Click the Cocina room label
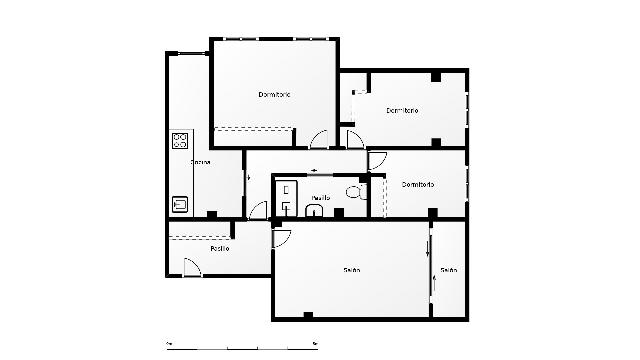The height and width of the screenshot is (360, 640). pyautogui.click(x=201, y=162)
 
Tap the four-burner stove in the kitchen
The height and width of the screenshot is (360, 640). pyautogui.click(x=180, y=141)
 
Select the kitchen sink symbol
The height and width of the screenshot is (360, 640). pyautogui.click(x=180, y=203)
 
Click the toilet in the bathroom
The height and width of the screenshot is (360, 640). pyautogui.click(x=353, y=191)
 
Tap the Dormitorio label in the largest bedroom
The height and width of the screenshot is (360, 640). pyautogui.click(x=274, y=95)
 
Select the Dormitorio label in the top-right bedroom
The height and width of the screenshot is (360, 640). pyautogui.click(x=401, y=110)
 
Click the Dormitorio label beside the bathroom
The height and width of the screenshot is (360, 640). pyautogui.click(x=418, y=185)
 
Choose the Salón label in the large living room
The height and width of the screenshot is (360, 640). pyautogui.click(x=352, y=271)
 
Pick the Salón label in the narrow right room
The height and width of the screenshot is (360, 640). pyautogui.click(x=449, y=271)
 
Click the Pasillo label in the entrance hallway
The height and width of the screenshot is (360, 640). pyautogui.click(x=220, y=248)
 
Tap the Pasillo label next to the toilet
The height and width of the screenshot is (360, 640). pyautogui.click(x=320, y=198)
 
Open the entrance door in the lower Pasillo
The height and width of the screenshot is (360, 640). pyautogui.click(x=191, y=267)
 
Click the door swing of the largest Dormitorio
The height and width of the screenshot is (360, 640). pyautogui.click(x=318, y=141)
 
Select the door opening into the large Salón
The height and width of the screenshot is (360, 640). pyautogui.click(x=281, y=237)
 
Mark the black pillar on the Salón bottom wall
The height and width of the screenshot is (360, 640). pyautogui.click(x=308, y=316)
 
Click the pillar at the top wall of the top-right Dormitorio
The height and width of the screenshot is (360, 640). pyautogui.click(x=436, y=76)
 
